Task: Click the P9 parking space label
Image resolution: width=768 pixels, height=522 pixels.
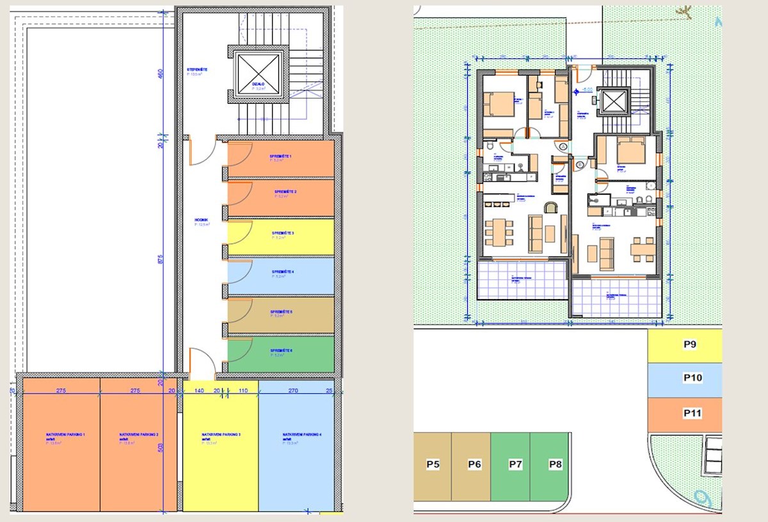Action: point(689,345)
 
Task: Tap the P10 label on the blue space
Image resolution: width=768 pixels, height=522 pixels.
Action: point(692,378)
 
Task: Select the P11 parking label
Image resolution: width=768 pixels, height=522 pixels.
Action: point(692,413)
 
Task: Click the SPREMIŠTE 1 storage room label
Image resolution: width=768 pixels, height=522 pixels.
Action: point(280,157)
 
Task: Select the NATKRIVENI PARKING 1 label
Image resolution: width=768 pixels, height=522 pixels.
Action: point(65,435)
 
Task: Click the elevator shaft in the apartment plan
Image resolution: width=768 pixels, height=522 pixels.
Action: point(613,102)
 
